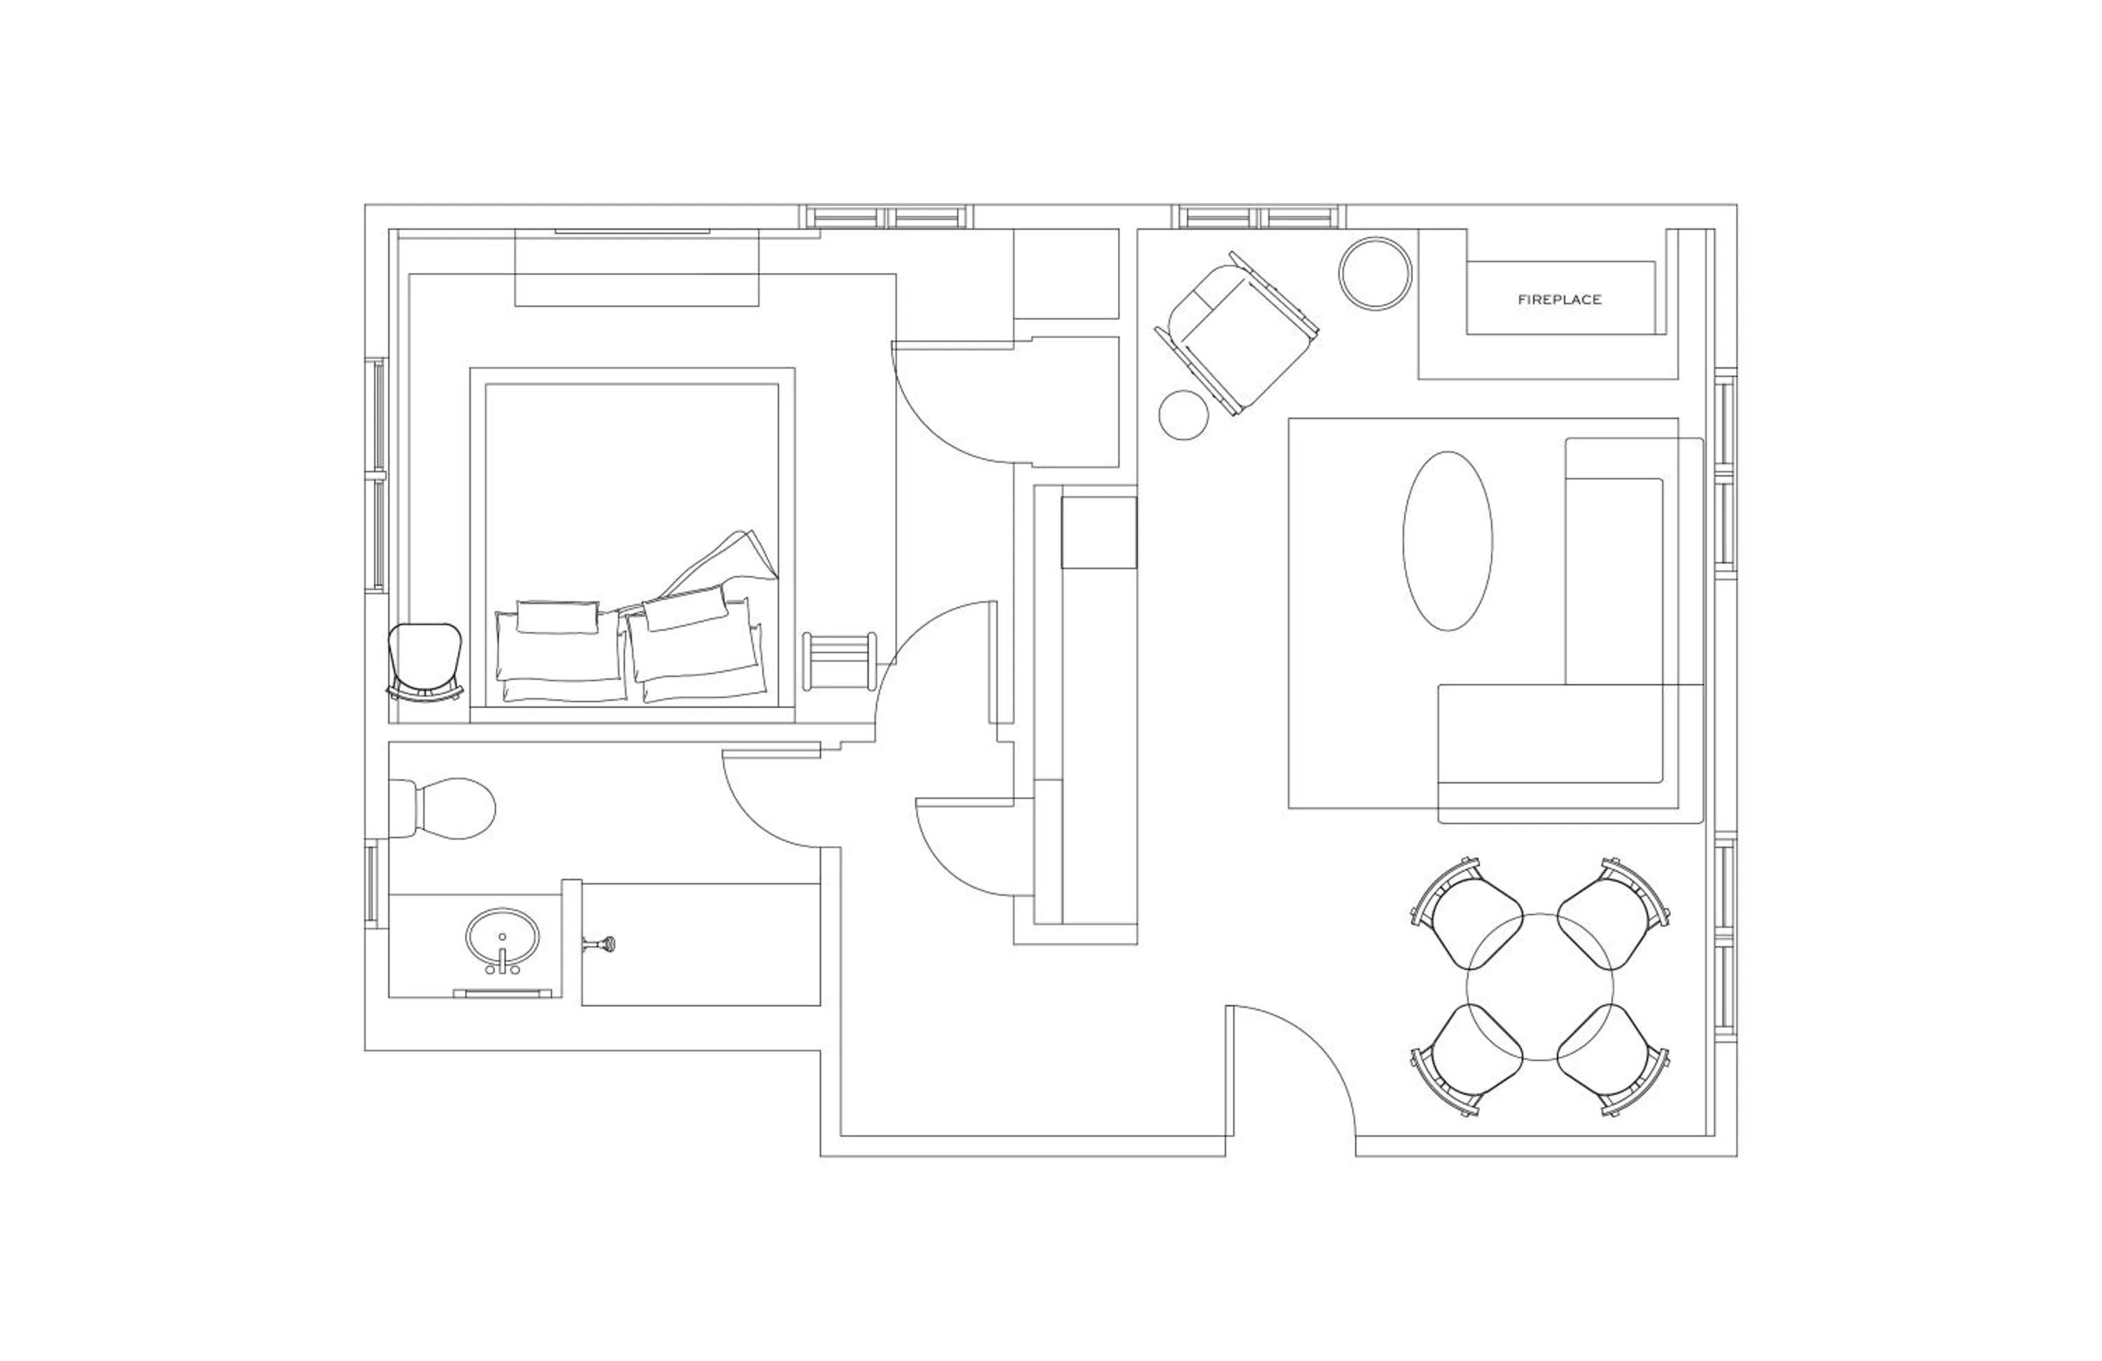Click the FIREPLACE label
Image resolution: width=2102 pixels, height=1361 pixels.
[1560, 299]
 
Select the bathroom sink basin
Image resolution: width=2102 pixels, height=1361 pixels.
[502, 938]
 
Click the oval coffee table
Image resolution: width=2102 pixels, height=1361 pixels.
[1448, 540]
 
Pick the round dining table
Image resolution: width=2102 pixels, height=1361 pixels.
[1539, 987]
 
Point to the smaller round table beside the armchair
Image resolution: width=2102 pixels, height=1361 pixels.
[1183, 415]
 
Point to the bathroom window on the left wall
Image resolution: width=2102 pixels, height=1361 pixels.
[372, 883]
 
